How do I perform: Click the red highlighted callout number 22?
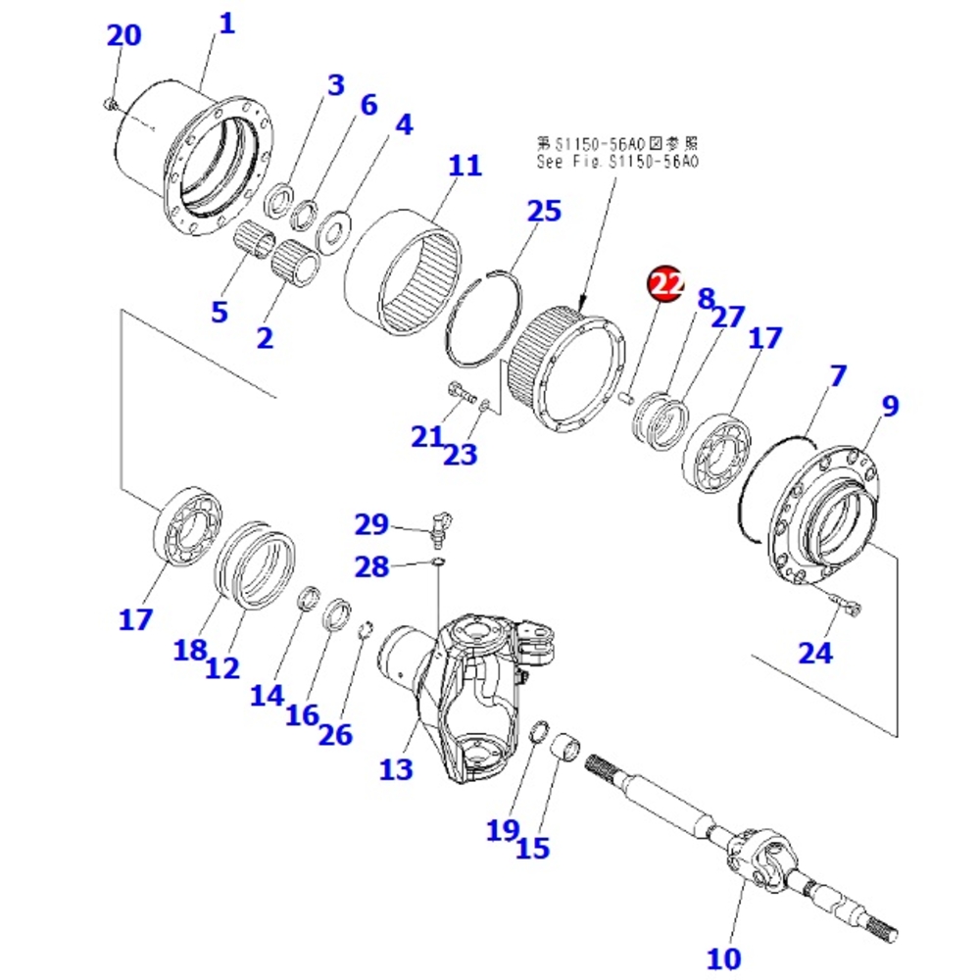point(665,284)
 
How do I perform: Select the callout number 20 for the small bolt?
point(123,35)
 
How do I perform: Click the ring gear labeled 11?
point(404,270)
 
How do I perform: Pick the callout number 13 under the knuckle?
point(397,769)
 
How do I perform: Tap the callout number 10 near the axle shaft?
point(727,955)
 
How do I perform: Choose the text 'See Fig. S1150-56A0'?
point(618,163)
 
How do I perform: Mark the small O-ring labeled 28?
point(438,562)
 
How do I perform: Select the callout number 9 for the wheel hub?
point(890,406)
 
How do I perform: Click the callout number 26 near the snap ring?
point(335,734)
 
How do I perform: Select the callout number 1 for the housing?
point(226,24)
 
